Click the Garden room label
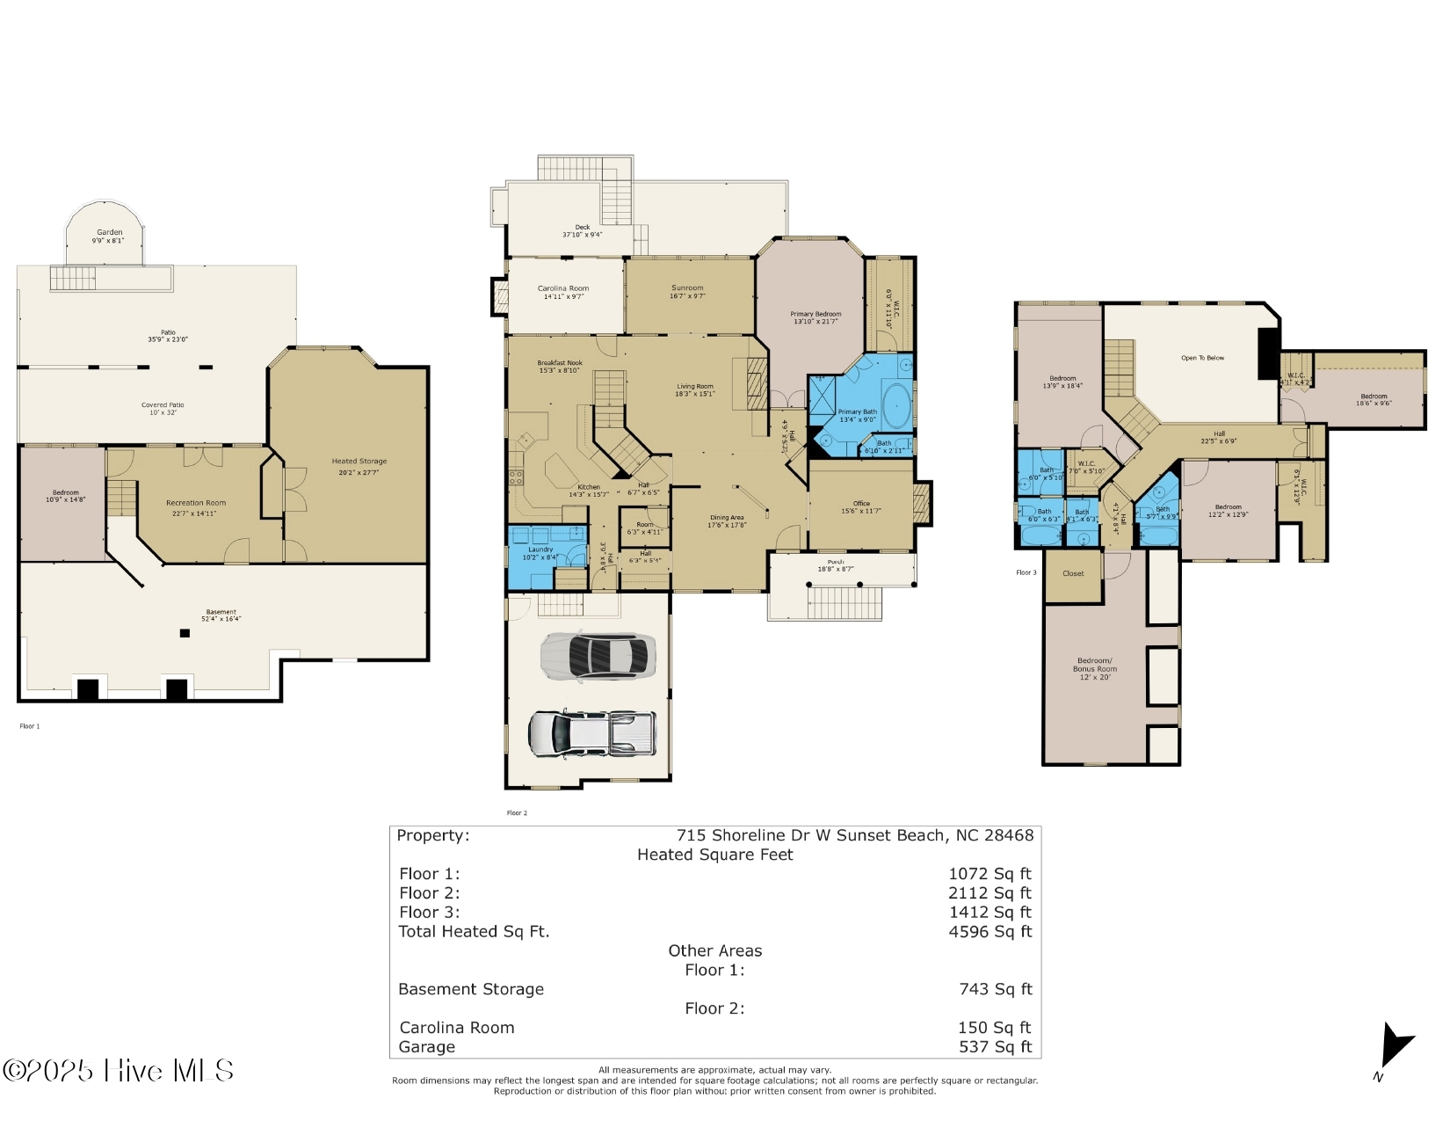coord(109,236)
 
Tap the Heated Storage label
coord(359,466)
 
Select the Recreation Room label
coord(195,507)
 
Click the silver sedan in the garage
coord(598,656)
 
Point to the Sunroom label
coord(687,291)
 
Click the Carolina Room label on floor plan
coord(563,292)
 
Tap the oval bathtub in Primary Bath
coord(895,404)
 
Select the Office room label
coord(861,506)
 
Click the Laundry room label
coord(540,553)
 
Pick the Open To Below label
coord(1202,358)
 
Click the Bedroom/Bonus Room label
coord(1095,668)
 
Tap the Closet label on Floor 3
coord(1073,573)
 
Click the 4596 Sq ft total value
coord(990,932)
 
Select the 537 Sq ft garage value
coord(995,1047)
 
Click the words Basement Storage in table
coord(471,989)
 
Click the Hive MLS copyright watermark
coord(118,1070)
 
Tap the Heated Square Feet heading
coord(714,855)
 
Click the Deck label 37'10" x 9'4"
coord(582,230)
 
